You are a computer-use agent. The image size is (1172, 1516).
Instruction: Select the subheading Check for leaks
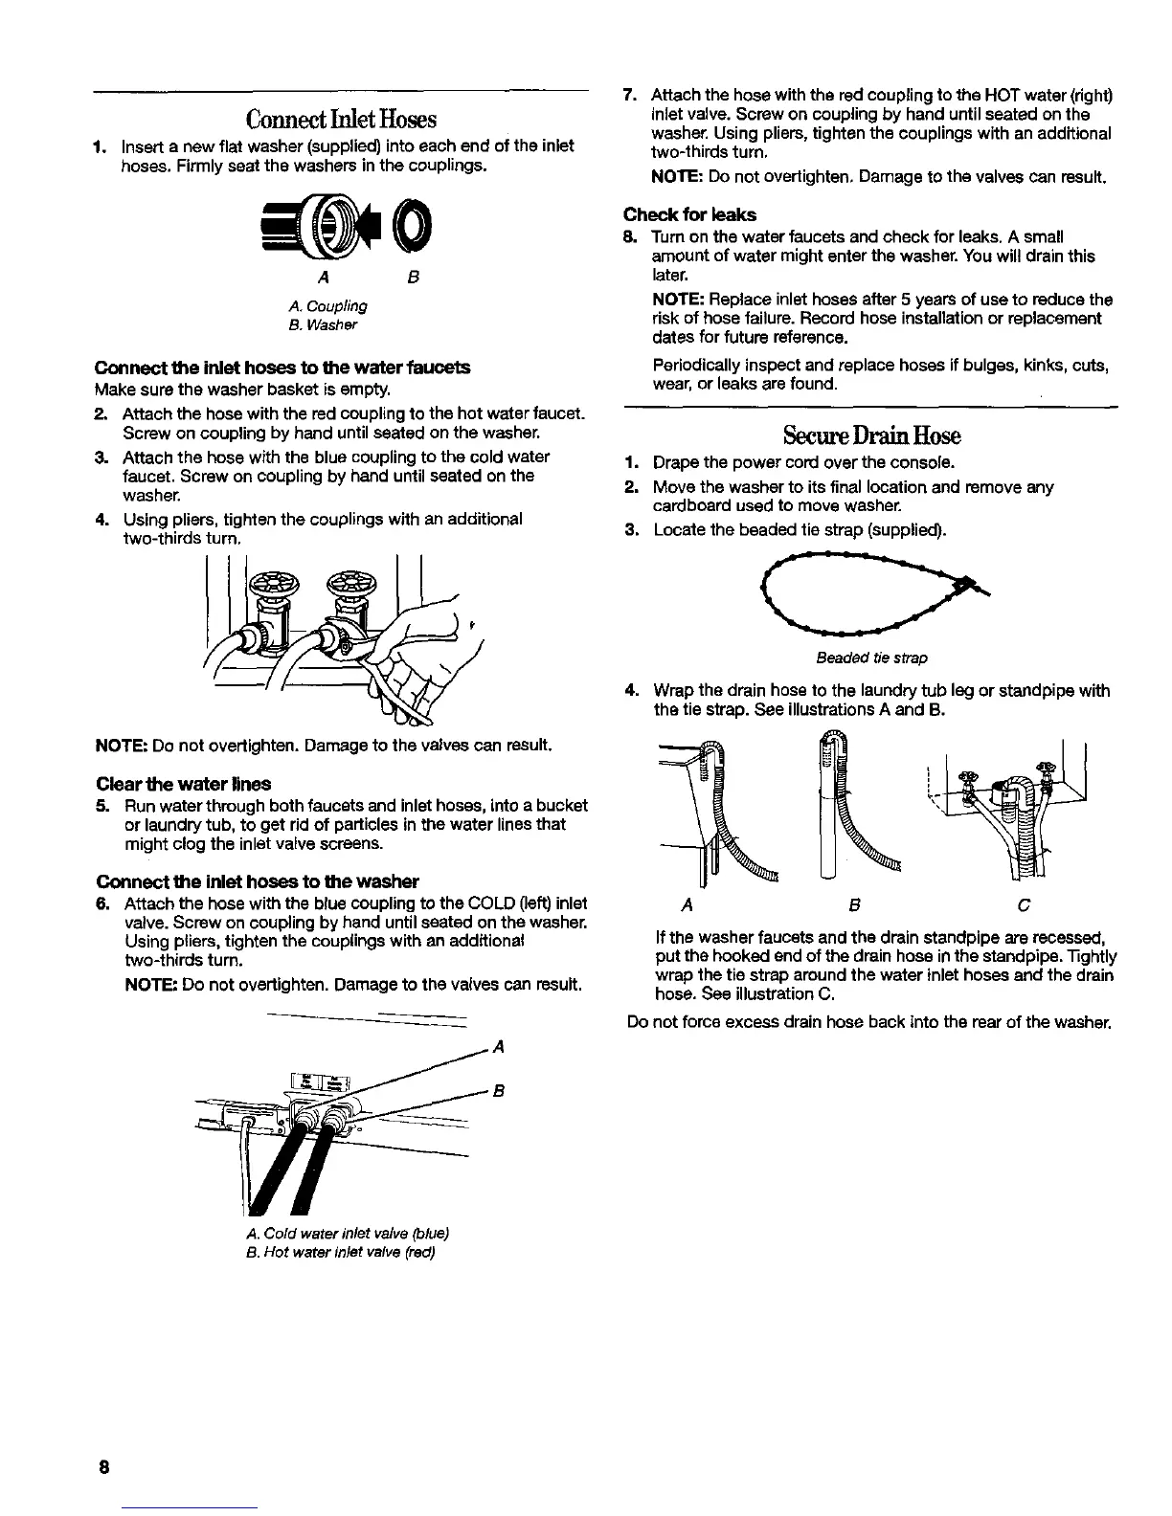(689, 214)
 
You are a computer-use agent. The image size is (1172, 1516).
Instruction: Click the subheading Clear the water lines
(183, 783)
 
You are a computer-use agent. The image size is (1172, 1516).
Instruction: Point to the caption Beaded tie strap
(871, 658)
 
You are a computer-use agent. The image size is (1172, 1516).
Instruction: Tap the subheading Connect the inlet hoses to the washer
(258, 881)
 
